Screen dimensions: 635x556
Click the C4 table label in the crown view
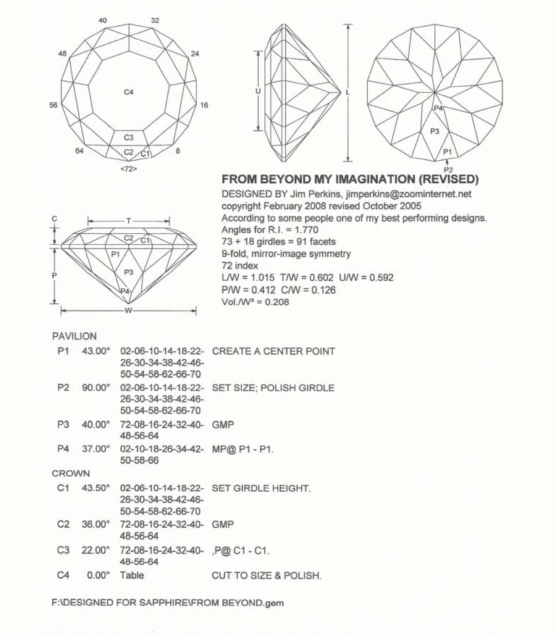[x=128, y=92]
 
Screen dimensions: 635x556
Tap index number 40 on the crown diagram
[x=103, y=20]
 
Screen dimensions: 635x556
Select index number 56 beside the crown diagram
[x=53, y=106]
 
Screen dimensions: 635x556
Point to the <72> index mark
[x=128, y=169]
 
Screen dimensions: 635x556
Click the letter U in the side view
[x=258, y=92]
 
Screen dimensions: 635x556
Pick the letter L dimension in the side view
[x=348, y=93]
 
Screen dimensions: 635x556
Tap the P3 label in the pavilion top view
[x=434, y=131]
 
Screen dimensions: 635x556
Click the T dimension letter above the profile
[x=129, y=221]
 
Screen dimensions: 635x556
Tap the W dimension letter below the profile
[x=128, y=311]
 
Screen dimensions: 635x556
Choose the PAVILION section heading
[x=74, y=337]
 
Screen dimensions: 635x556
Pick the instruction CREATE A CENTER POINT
[x=273, y=351]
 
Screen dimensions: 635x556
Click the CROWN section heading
[x=71, y=474]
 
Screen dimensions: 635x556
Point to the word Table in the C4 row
[x=132, y=576]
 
